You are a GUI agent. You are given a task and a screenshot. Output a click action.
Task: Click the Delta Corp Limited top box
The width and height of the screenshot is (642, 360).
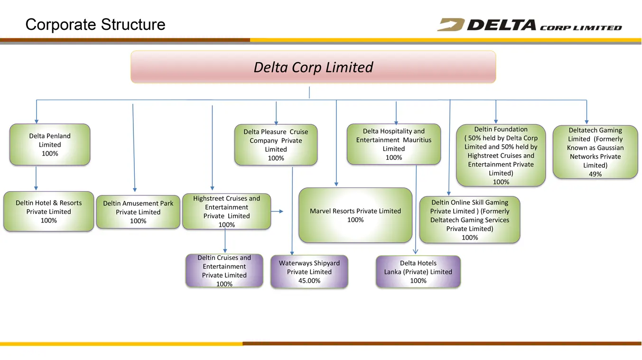(313, 67)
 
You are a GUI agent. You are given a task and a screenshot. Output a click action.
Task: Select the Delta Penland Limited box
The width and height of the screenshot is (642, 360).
(50, 145)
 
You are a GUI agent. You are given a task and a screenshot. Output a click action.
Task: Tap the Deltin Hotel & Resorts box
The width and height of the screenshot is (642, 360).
(48, 212)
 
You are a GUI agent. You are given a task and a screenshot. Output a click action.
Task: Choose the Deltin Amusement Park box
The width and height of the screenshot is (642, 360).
(138, 212)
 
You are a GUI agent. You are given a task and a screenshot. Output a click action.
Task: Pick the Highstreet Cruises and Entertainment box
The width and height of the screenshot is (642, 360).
(226, 211)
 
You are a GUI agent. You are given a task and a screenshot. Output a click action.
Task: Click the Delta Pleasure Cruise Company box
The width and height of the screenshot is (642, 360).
(276, 145)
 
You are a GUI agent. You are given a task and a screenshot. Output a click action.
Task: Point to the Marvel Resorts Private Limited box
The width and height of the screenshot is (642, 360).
(355, 215)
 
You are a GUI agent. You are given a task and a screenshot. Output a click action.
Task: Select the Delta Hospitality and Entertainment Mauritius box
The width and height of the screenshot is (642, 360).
(394, 144)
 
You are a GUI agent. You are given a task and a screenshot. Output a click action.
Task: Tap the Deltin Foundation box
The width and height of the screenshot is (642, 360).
(501, 155)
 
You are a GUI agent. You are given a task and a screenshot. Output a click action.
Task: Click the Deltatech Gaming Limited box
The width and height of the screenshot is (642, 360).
(595, 152)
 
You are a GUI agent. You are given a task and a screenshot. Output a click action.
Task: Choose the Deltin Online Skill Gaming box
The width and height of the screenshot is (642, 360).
(470, 220)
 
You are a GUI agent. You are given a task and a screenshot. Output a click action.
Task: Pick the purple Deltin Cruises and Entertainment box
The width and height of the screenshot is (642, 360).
(224, 271)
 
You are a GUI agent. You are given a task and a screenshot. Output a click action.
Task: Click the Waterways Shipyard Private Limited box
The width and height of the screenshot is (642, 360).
(309, 272)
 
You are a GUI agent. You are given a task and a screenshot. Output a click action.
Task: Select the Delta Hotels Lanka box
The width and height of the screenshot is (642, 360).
(418, 272)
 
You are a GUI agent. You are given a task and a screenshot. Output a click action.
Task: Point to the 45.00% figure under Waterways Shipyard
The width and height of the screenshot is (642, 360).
(309, 281)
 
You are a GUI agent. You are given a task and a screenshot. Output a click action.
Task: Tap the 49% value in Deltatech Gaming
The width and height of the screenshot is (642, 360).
(595, 174)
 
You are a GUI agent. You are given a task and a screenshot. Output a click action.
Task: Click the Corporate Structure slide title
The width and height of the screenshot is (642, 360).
(95, 25)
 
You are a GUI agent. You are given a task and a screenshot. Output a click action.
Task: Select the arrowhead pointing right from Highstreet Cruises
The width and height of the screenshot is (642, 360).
(280, 211)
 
